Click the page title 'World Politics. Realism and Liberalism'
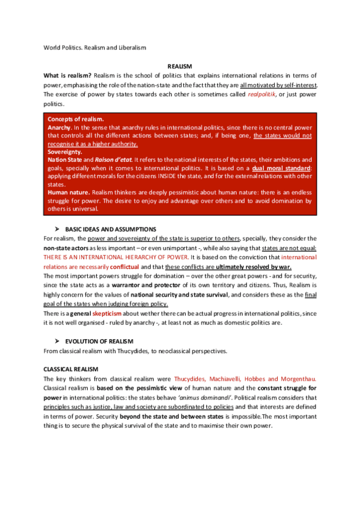[95, 47]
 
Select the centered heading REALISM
[180, 66]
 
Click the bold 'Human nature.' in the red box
[69, 192]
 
